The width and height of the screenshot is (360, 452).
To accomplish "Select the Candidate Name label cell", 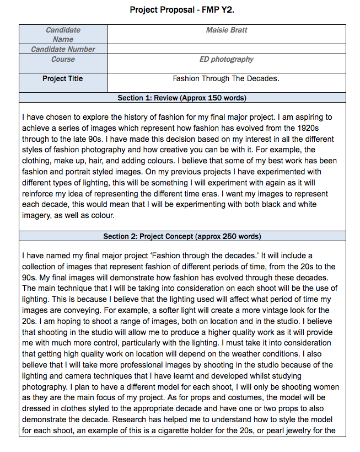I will (63, 34).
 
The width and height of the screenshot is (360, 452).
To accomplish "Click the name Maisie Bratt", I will (226, 30).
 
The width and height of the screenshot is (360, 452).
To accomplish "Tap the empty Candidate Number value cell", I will (226, 49).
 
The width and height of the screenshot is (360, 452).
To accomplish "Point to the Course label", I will (63, 59).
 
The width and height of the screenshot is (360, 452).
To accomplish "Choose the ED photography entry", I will (226, 59).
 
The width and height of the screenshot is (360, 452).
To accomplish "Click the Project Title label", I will (63, 78).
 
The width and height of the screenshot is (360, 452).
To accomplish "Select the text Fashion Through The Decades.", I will (226, 78).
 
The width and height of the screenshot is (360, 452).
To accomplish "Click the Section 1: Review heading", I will (182, 98).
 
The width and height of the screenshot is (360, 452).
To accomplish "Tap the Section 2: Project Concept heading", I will (182, 236).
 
